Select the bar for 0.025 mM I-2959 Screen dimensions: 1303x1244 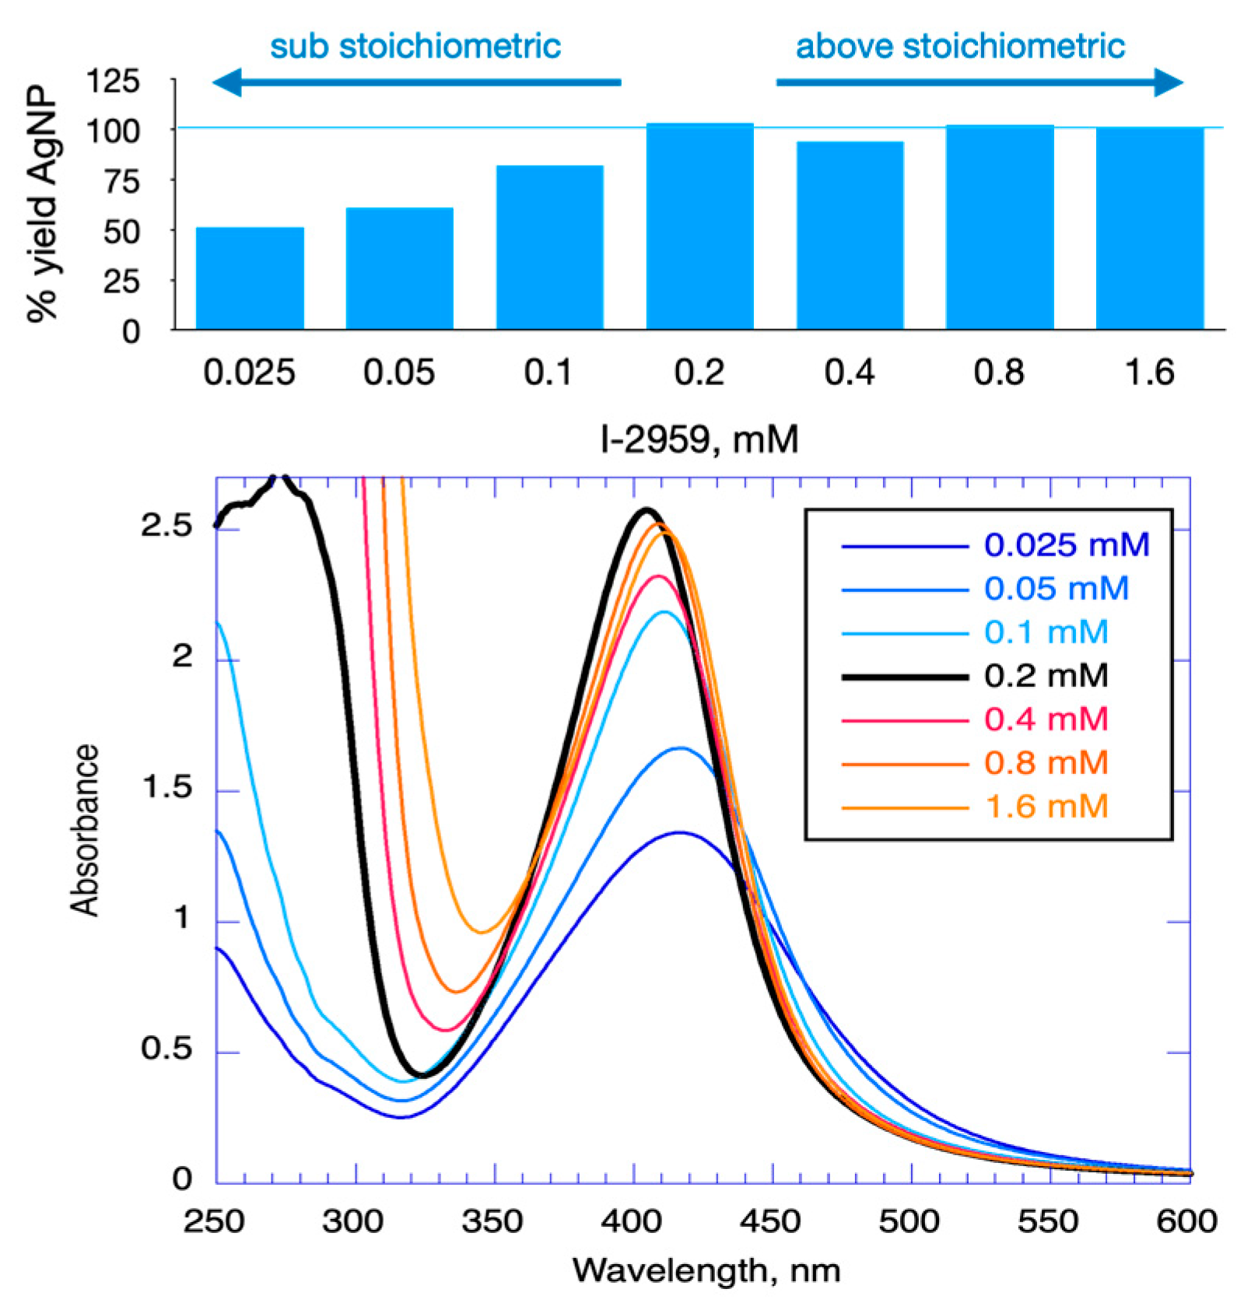click(250, 278)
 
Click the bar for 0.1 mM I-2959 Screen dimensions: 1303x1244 click(549, 247)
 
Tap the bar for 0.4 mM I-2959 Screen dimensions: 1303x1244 click(850, 235)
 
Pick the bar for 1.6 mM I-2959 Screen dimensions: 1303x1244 click(1149, 228)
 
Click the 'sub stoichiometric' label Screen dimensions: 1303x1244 click(415, 47)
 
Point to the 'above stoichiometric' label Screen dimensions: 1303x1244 click(960, 47)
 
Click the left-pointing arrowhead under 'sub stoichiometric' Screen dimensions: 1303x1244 click(227, 82)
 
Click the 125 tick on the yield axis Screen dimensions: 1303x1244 click(114, 81)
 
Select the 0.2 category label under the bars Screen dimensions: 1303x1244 click(699, 373)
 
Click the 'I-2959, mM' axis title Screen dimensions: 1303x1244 click(699, 440)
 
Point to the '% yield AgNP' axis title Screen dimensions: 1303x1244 click(42, 204)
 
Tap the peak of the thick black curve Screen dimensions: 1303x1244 click(646, 510)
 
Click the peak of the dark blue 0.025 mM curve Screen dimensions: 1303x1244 click(680, 832)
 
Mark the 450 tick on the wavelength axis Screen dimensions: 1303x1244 click(770, 1221)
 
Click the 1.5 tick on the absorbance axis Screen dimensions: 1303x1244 click(166, 788)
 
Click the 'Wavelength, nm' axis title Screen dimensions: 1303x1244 click(706, 1271)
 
